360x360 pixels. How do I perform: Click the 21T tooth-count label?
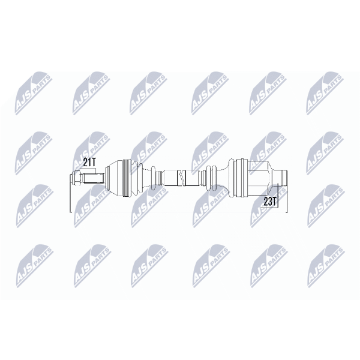click(89, 163)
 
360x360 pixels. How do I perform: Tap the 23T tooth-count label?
click(269, 202)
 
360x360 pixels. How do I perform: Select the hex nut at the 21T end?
click(76, 178)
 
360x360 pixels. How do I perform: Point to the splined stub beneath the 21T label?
click(92, 178)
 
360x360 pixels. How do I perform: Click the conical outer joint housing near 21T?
click(114, 178)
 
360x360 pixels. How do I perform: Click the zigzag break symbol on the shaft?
click(181, 178)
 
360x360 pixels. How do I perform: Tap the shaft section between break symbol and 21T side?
click(170, 178)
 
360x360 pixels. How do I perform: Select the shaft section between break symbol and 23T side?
click(192, 178)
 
